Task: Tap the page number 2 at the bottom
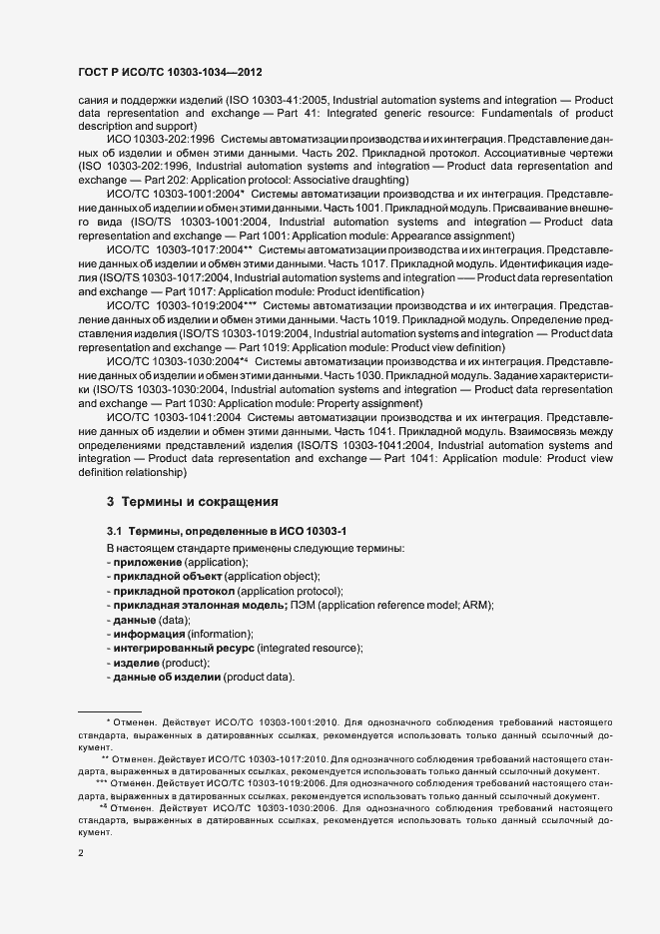pyautogui.click(x=82, y=853)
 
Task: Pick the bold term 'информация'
pyautogui.click(x=149, y=634)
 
